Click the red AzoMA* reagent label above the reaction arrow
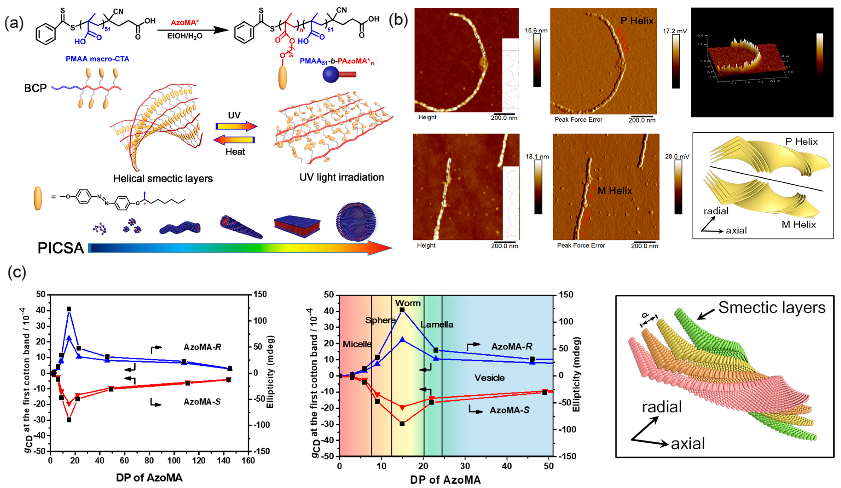[185, 22]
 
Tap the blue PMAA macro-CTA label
[98, 59]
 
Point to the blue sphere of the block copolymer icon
[330, 75]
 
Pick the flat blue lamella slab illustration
[297, 226]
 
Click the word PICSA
[61, 248]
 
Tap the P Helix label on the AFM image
[637, 21]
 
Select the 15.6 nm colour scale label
[536, 31]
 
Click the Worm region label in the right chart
[408, 303]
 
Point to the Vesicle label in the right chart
[490, 378]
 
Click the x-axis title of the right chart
[445, 480]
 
